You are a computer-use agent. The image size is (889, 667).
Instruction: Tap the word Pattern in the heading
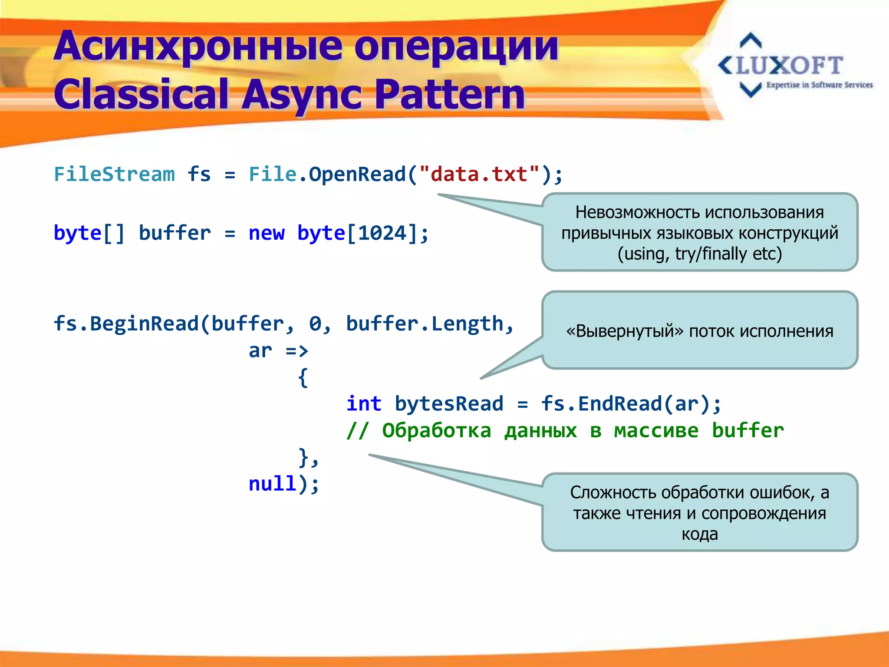[x=449, y=95]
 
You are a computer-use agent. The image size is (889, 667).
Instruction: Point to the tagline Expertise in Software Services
[x=819, y=85]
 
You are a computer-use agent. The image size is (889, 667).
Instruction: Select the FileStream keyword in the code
[x=114, y=175]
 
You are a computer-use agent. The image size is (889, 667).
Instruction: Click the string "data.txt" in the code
[x=479, y=175]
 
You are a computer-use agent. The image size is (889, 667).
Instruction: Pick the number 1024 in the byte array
[x=382, y=233]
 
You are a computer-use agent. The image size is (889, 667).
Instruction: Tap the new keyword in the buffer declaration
[x=266, y=233]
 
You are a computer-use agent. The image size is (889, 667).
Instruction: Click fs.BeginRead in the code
[x=126, y=324]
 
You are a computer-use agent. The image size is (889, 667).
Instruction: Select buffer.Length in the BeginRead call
[x=424, y=324]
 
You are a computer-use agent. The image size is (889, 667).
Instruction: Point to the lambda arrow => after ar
[x=297, y=351]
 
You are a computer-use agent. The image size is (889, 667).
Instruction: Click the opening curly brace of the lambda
[x=303, y=377]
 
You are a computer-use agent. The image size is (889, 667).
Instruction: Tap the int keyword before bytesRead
[x=364, y=404]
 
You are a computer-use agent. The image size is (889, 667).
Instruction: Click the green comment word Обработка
[x=436, y=431]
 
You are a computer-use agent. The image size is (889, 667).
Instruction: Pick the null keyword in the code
[x=272, y=484]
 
